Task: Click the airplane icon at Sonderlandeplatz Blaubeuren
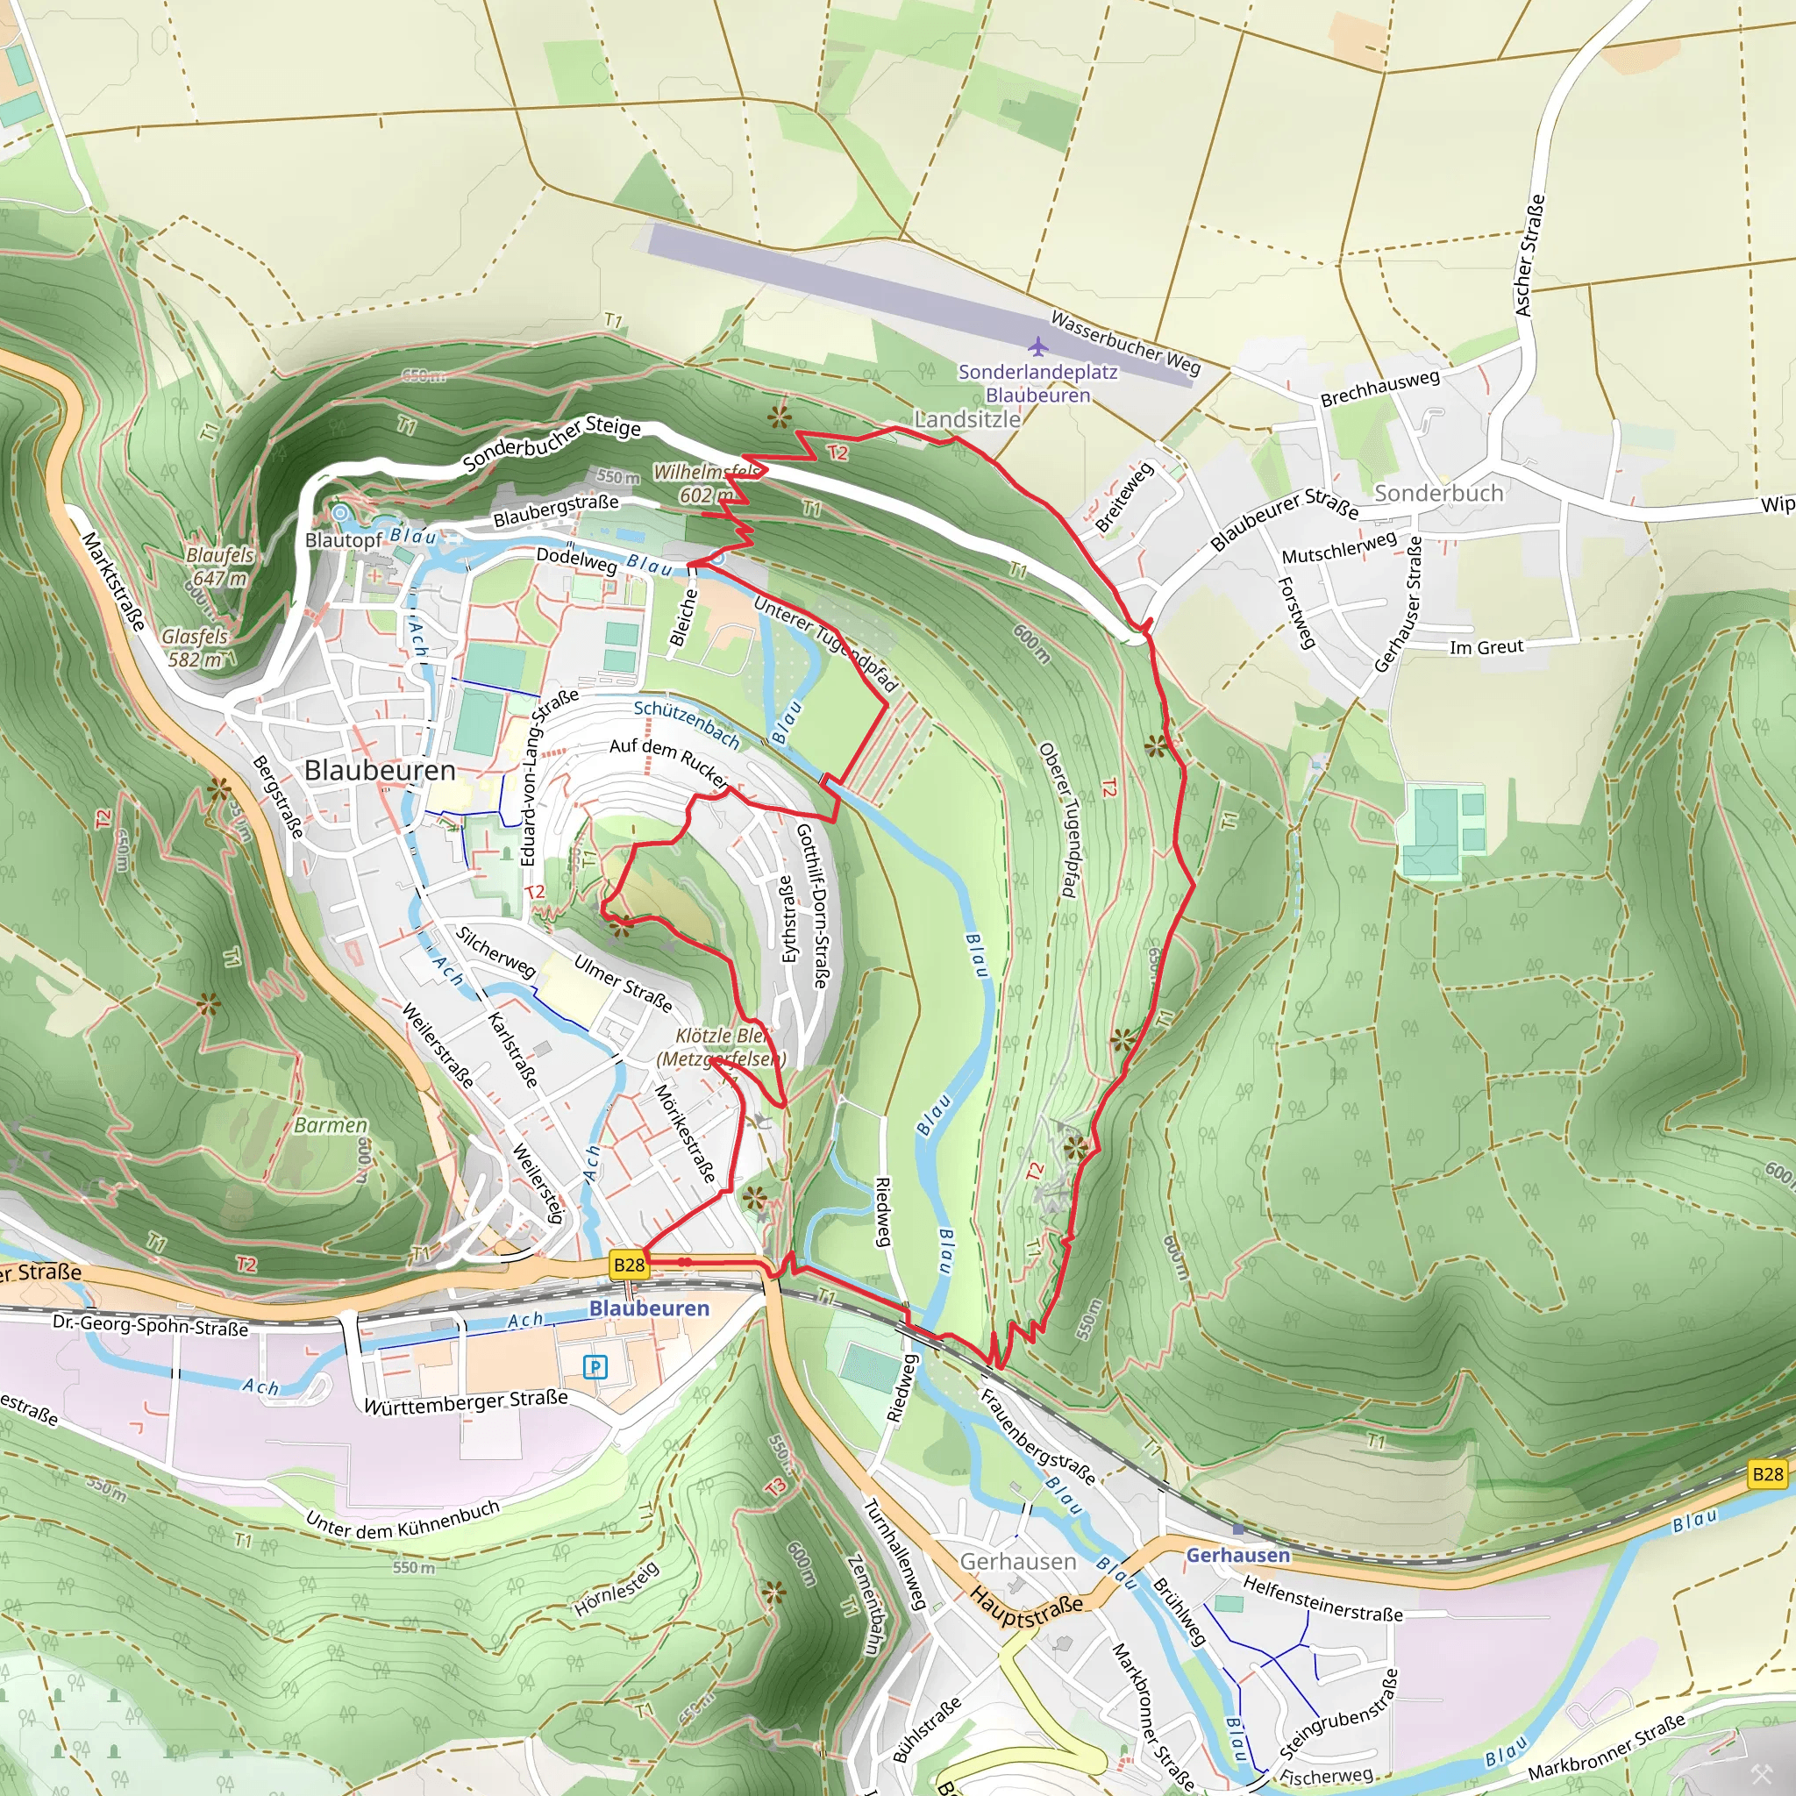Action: [x=1038, y=346]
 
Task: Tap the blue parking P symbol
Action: [x=595, y=1366]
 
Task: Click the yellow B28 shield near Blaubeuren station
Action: [x=630, y=1265]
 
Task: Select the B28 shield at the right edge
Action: [x=1767, y=1473]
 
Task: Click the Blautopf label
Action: [x=343, y=540]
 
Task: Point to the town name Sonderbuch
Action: [x=1438, y=494]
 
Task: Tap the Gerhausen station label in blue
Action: [x=1237, y=1555]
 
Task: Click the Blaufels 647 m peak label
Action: [x=219, y=567]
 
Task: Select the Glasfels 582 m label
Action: [x=196, y=648]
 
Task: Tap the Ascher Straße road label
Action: [x=1530, y=254]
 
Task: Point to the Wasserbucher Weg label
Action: [x=1125, y=342]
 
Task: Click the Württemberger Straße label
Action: [x=466, y=1402]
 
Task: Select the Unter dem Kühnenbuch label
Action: [x=403, y=1518]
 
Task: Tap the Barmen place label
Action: [x=331, y=1125]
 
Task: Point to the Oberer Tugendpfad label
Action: [x=1058, y=819]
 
